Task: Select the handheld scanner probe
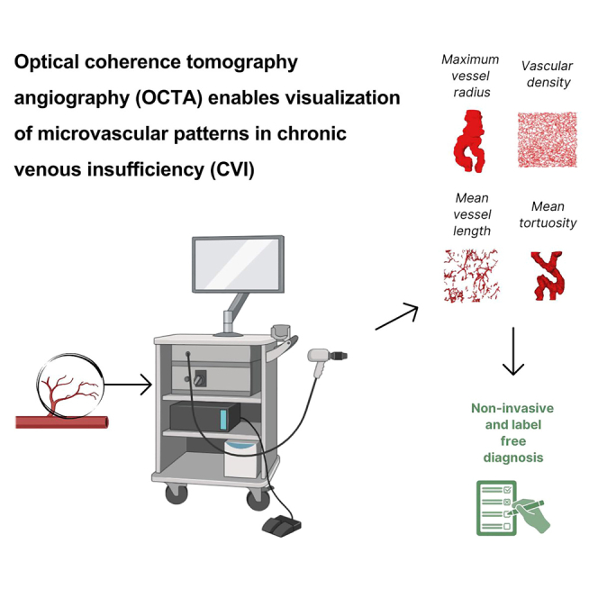tap(320, 360)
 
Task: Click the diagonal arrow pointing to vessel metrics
tap(396, 316)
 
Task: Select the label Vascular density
tap(546, 74)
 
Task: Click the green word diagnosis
tap(512, 457)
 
